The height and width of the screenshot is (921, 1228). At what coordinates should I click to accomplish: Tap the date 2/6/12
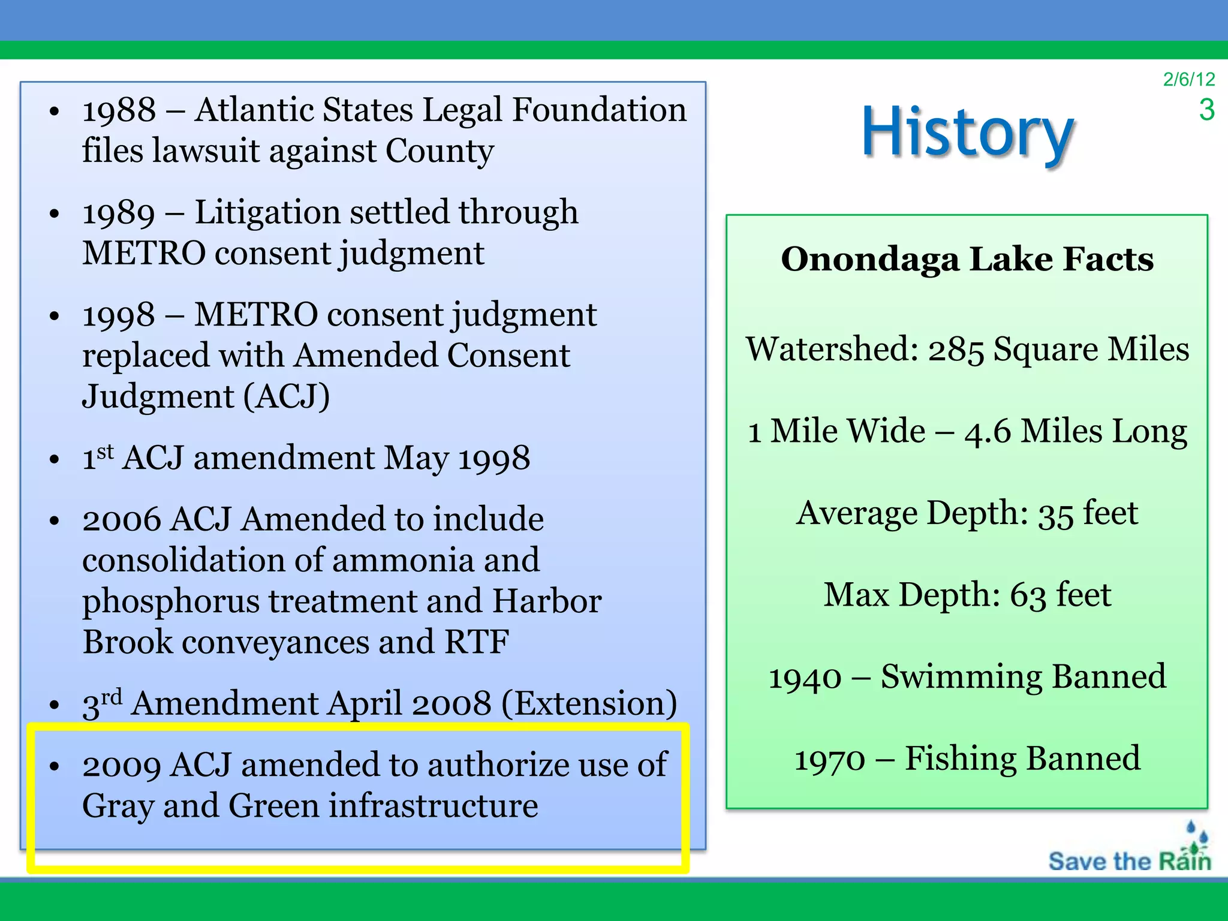[x=1188, y=79]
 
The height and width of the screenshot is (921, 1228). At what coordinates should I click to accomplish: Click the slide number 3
[x=1206, y=110]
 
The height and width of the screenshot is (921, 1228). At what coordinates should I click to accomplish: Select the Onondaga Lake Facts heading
[x=967, y=259]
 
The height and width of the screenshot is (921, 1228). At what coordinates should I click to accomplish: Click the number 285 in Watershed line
[x=956, y=350]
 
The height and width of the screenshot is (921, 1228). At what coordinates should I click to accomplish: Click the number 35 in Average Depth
[x=1055, y=514]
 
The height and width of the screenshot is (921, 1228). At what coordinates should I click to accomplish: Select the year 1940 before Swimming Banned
[x=805, y=678]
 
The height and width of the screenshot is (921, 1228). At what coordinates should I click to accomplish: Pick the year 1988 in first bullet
[x=119, y=111]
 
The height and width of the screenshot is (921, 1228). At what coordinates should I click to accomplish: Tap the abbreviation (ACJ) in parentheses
[x=287, y=397]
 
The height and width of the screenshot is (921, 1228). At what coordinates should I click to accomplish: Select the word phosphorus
[x=170, y=601]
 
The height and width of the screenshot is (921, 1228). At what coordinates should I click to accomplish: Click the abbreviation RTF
[x=477, y=642]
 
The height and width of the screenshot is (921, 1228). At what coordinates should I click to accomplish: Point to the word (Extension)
[x=589, y=704]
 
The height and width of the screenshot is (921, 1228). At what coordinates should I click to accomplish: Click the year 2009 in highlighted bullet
[x=122, y=766]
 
